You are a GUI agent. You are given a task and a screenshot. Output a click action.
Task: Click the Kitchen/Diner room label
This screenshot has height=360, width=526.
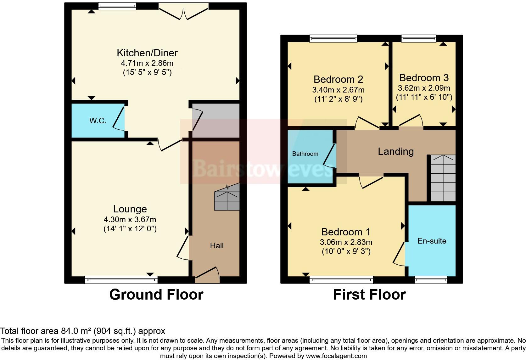(x=147, y=53)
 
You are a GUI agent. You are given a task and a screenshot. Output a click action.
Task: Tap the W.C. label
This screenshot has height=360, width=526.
(x=98, y=121)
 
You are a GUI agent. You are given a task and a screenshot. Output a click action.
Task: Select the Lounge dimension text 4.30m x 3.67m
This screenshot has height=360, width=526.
(x=130, y=220)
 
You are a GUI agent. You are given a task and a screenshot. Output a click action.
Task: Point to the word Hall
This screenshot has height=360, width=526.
(x=217, y=246)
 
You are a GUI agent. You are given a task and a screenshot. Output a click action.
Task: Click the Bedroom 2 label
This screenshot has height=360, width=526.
(x=338, y=79)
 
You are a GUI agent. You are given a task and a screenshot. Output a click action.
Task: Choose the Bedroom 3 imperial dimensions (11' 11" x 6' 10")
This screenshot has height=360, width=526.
(x=424, y=97)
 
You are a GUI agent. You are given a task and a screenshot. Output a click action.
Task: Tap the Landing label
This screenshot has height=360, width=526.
(x=395, y=152)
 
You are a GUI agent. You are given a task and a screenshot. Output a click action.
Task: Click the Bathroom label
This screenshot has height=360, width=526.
(x=305, y=154)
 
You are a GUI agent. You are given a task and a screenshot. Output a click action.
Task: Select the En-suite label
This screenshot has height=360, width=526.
(x=432, y=241)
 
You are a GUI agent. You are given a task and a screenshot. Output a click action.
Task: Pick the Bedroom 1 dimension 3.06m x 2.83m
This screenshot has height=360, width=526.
(x=346, y=242)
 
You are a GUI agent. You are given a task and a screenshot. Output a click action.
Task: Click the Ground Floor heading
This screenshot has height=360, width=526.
(x=156, y=295)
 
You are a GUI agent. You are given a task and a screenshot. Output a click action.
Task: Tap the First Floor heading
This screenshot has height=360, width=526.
(x=369, y=295)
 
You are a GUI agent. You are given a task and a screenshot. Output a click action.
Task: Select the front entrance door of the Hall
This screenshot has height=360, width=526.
(x=207, y=274)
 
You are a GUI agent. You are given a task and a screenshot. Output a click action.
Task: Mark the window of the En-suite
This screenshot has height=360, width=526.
(x=431, y=279)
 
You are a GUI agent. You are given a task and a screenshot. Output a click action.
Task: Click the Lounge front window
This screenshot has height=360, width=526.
(x=121, y=279)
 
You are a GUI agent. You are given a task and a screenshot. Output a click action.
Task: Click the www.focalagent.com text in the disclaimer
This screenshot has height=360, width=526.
(x=336, y=356)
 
